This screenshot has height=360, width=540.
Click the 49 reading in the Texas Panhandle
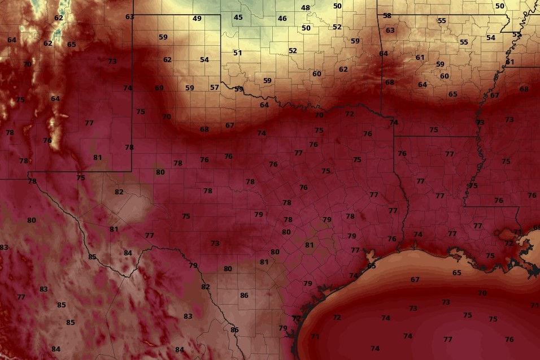[x=197, y=19]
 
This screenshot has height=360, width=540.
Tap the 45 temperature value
[x=238, y=18]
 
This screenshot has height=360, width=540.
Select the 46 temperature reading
[x=282, y=19]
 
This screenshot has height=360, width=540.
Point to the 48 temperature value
[x=306, y=8]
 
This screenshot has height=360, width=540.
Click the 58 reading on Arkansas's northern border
[x=387, y=16]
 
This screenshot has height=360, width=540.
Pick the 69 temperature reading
[x=159, y=88]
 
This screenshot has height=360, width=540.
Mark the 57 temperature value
[x=215, y=88]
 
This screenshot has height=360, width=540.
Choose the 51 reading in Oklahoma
[x=238, y=53]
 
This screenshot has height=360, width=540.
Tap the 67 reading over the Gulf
[x=415, y=280]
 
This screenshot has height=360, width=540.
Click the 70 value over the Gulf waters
[x=482, y=293]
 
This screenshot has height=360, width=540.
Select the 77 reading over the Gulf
[x=448, y=340]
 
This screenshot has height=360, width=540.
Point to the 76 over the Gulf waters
[x=509, y=340]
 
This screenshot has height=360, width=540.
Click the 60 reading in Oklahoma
[x=317, y=74]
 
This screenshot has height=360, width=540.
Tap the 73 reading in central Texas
[x=215, y=244]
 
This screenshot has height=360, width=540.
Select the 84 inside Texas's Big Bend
[x=128, y=253]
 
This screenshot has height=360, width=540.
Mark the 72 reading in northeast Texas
[x=350, y=114]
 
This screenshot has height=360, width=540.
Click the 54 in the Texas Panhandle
[x=204, y=60]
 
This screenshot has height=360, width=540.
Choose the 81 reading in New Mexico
[x=98, y=158]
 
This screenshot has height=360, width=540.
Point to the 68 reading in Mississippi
[x=524, y=89]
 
